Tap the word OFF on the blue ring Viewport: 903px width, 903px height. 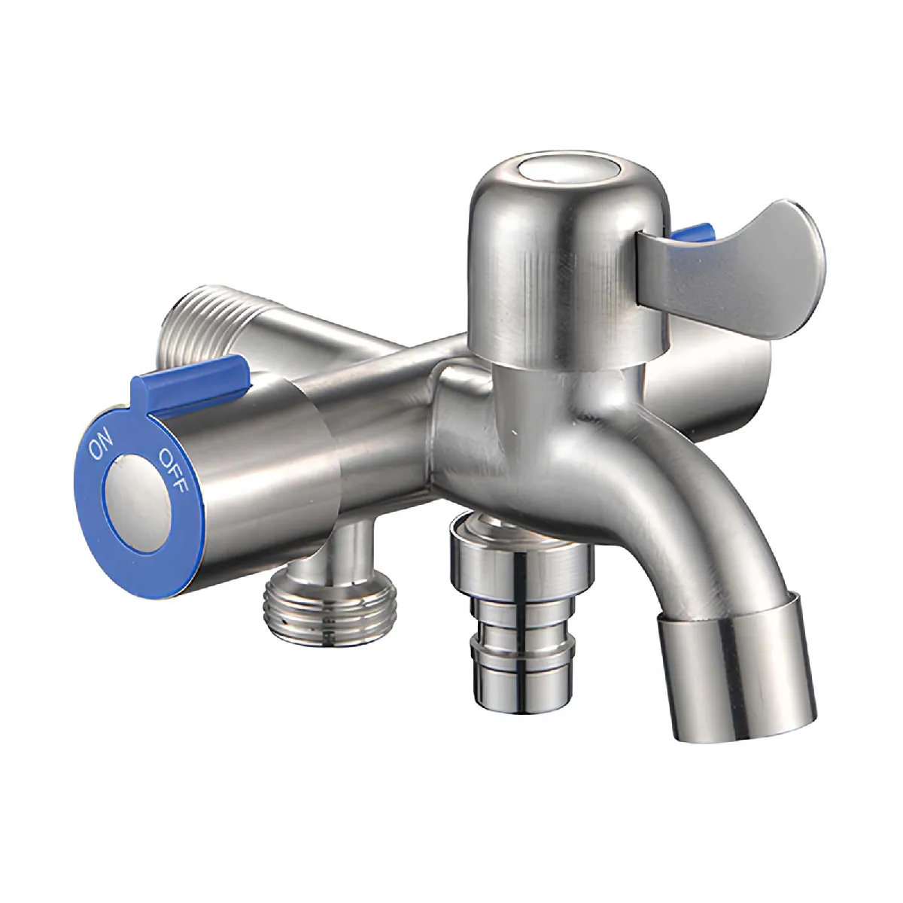[x=173, y=471]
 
